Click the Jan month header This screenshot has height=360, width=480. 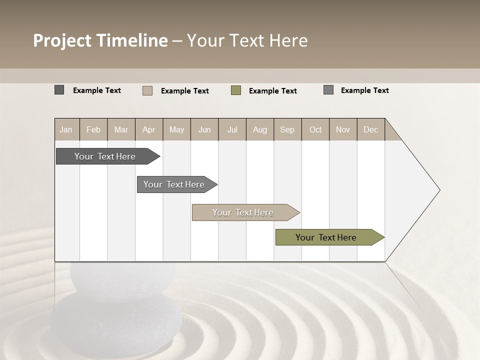click(x=66, y=129)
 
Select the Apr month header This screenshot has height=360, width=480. click(x=149, y=129)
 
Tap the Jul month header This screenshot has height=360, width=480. click(x=232, y=129)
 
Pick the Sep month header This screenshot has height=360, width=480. click(x=287, y=129)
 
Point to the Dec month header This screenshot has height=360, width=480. click(x=370, y=129)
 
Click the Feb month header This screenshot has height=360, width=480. click(x=93, y=129)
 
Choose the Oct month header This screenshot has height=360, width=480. click(x=315, y=129)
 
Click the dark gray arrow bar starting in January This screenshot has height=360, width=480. click(x=105, y=156)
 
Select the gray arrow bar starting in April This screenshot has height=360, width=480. click(x=174, y=184)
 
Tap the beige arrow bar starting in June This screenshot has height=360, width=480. click(x=243, y=212)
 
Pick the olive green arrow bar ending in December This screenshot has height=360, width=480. click(x=326, y=237)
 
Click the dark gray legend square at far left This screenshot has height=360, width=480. click(x=59, y=90)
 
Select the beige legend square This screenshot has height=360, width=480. click(x=147, y=90)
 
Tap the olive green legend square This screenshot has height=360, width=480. click(x=236, y=90)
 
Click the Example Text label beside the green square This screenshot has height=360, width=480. click(x=272, y=91)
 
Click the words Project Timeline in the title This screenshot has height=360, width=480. click(x=100, y=40)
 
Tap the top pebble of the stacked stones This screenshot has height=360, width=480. click(x=122, y=277)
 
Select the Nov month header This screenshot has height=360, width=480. click(x=343, y=129)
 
